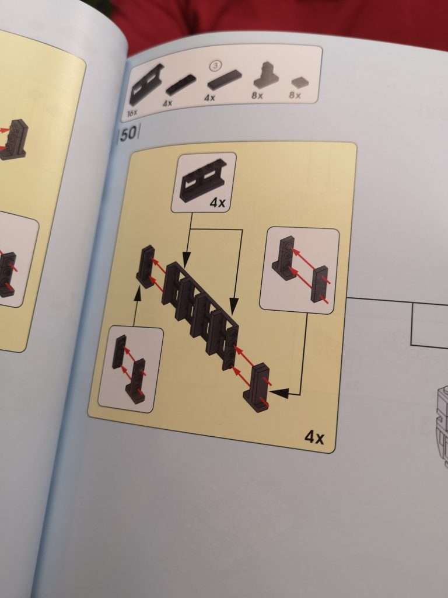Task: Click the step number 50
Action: point(129,133)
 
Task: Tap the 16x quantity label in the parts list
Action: point(132,113)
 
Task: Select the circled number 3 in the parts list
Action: point(216,66)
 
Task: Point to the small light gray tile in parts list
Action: point(300,82)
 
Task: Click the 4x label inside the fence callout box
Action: point(217,203)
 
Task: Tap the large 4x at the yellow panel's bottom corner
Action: point(314,437)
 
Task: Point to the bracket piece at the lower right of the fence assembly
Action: point(257,388)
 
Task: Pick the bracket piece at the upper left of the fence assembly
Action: point(145,266)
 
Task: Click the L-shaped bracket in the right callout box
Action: point(284,258)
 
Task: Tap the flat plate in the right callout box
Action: point(319,284)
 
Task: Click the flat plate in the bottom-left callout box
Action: point(119,352)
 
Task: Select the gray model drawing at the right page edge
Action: point(442,426)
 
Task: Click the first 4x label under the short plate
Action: point(167,103)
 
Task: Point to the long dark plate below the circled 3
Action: point(225,79)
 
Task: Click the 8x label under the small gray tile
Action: point(295,95)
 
